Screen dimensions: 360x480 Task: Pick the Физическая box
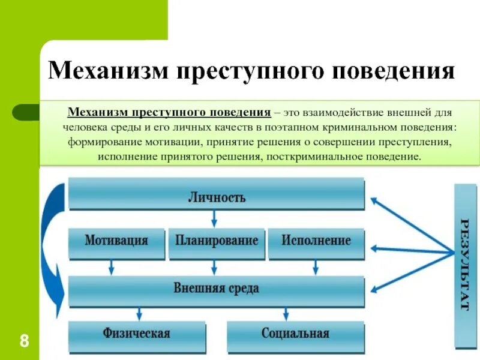137,334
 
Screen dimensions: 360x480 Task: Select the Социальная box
295,334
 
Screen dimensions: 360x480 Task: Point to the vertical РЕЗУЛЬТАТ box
465,265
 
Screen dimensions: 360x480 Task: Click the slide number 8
24,342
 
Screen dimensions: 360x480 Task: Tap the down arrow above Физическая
139,313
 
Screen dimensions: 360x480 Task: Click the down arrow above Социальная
286,313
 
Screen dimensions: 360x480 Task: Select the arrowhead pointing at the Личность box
375,201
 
